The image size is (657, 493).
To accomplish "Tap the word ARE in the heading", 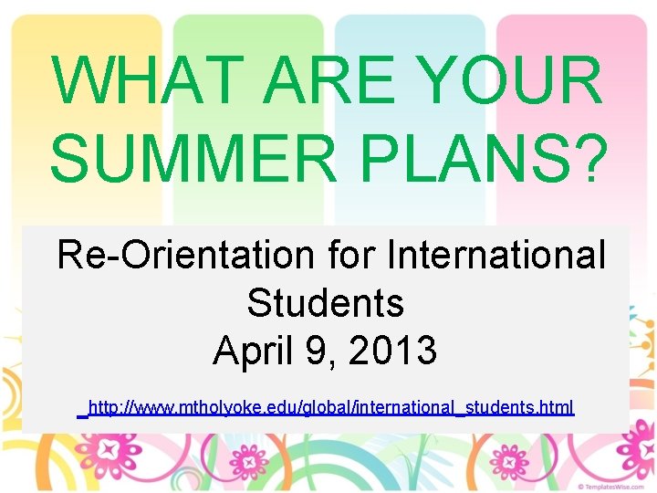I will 312,80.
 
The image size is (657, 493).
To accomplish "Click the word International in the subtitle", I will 495,255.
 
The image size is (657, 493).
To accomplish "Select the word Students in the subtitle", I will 325,302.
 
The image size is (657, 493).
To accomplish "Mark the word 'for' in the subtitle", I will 351,255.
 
